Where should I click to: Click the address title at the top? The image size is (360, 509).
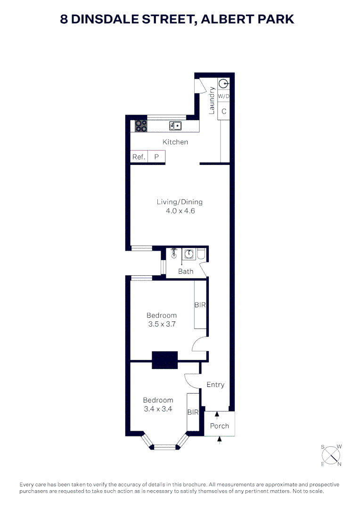click(177, 19)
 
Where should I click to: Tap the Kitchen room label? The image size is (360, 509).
click(175, 142)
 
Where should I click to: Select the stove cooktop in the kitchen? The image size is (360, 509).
click(141, 126)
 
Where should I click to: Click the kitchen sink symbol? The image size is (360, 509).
click(175, 125)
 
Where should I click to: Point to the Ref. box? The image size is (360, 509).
click(139, 157)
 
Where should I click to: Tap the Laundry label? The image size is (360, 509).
click(212, 100)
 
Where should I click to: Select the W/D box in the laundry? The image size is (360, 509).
click(223, 97)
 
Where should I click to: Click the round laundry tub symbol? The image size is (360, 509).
click(223, 84)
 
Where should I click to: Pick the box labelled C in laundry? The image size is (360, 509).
click(224, 112)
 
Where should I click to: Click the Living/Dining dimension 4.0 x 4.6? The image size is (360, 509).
click(180, 211)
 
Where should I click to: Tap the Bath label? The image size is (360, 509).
click(186, 271)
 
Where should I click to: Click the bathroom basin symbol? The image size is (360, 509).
click(189, 254)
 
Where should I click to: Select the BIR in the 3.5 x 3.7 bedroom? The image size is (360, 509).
click(200, 305)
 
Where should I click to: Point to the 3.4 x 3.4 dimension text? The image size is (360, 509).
click(158, 409)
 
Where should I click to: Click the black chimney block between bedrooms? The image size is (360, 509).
click(164, 361)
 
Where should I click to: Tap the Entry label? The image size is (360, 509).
click(215, 385)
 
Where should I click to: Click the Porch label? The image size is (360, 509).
click(220, 426)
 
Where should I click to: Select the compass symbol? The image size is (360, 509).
click(332, 455)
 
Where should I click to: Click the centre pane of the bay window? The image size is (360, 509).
click(164, 446)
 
